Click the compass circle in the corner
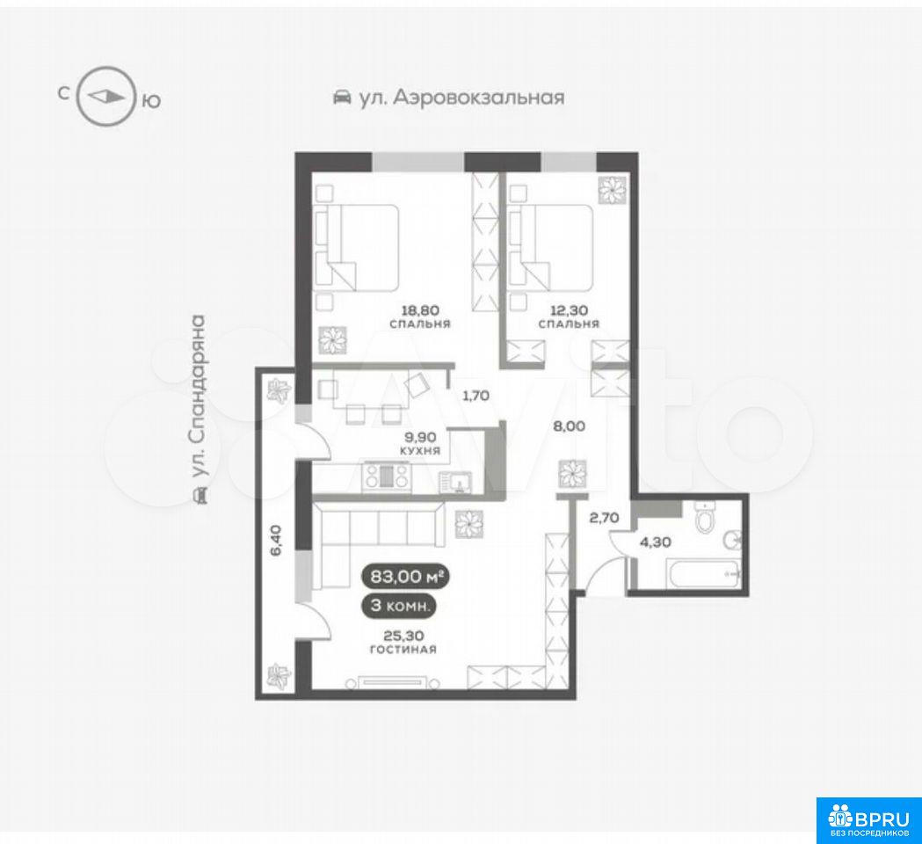[79, 96]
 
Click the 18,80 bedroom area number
[420, 309]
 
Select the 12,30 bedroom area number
[569, 309]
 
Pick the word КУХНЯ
[420, 451]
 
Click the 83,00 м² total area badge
[406, 577]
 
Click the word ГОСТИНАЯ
[403, 650]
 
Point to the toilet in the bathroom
[704, 518]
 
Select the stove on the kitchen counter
[387, 476]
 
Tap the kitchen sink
[461, 482]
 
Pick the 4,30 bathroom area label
[655, 542]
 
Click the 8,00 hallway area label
[570, 426]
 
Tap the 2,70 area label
[604, 518]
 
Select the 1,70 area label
[476, 396]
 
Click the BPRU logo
[869, 820]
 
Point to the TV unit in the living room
[394, 682]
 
